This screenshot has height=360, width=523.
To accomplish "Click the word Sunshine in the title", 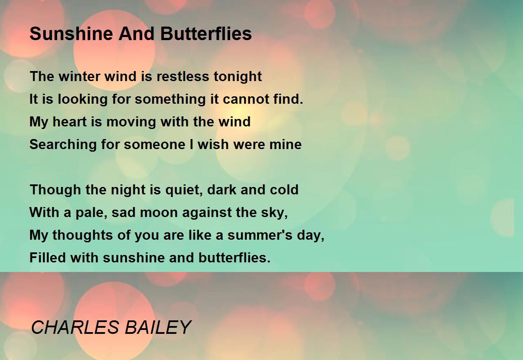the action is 71,34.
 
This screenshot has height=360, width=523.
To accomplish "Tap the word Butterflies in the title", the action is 206,34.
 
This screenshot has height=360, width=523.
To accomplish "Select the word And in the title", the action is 136,34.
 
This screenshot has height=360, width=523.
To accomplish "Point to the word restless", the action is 183,76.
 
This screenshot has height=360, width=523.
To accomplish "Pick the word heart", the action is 70,122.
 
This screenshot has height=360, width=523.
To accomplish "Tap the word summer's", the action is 260,235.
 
